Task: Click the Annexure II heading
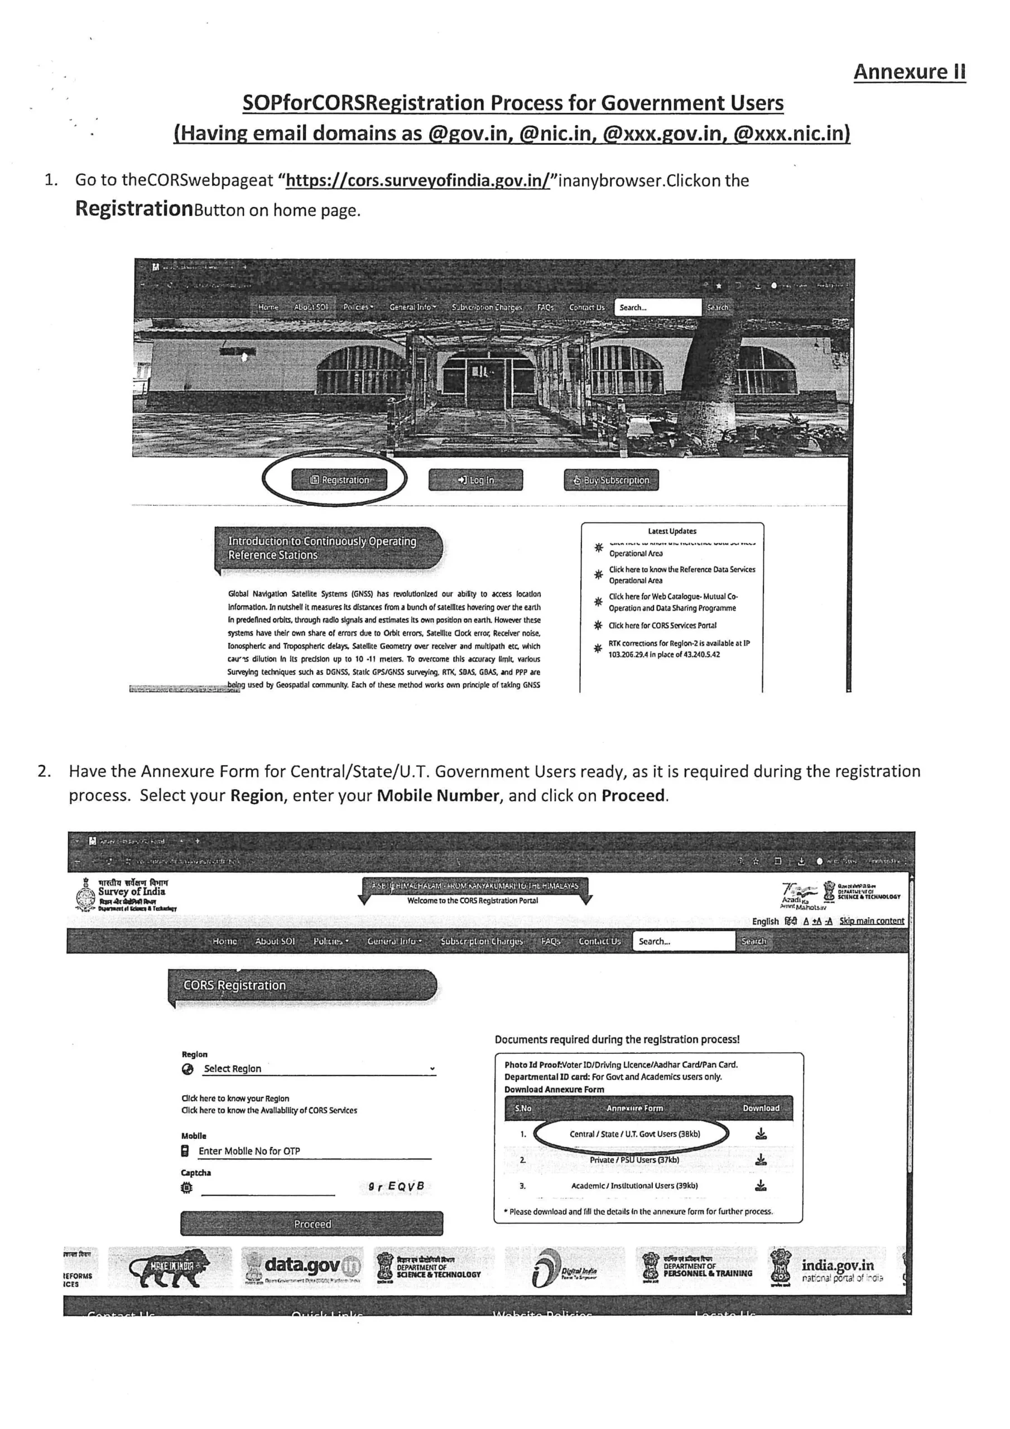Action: (x=908, y=72)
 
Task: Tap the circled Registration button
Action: (x=339, y=480)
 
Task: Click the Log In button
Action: (x=475, y=480)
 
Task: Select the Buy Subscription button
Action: (x=611, y=480)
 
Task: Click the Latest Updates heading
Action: (x=672, y=531)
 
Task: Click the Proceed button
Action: (x=312, y=1224)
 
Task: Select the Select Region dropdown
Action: (x=319, y=1068)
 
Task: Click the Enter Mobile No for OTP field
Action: (x=314, y=1151)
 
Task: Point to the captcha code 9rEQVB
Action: (x=396, y=1186)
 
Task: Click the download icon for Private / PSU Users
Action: (x=761, y=1159)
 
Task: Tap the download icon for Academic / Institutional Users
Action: (x=761, y=1186)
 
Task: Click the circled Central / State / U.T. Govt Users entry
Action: (x=634, y=1134)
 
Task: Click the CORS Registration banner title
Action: (x=234, y=985)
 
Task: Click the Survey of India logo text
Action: (x=131, y=892)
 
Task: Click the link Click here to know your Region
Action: (x=235, y=1099)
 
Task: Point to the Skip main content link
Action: (x=871, y=921)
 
